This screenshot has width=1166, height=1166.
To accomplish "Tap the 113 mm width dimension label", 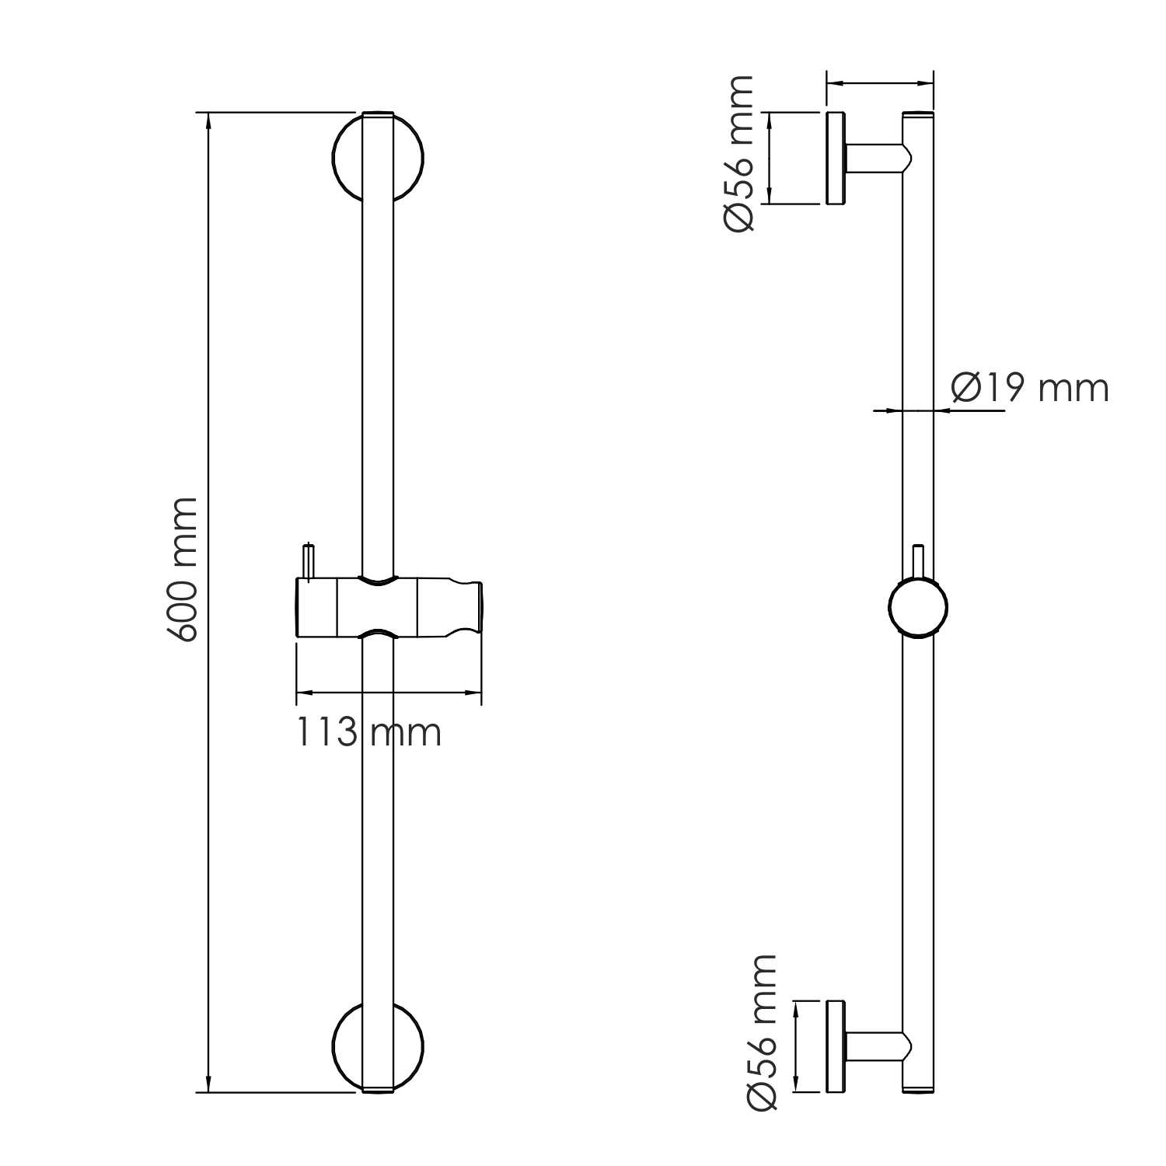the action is (368, 732).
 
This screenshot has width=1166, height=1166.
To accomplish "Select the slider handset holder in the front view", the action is (389, 607).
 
